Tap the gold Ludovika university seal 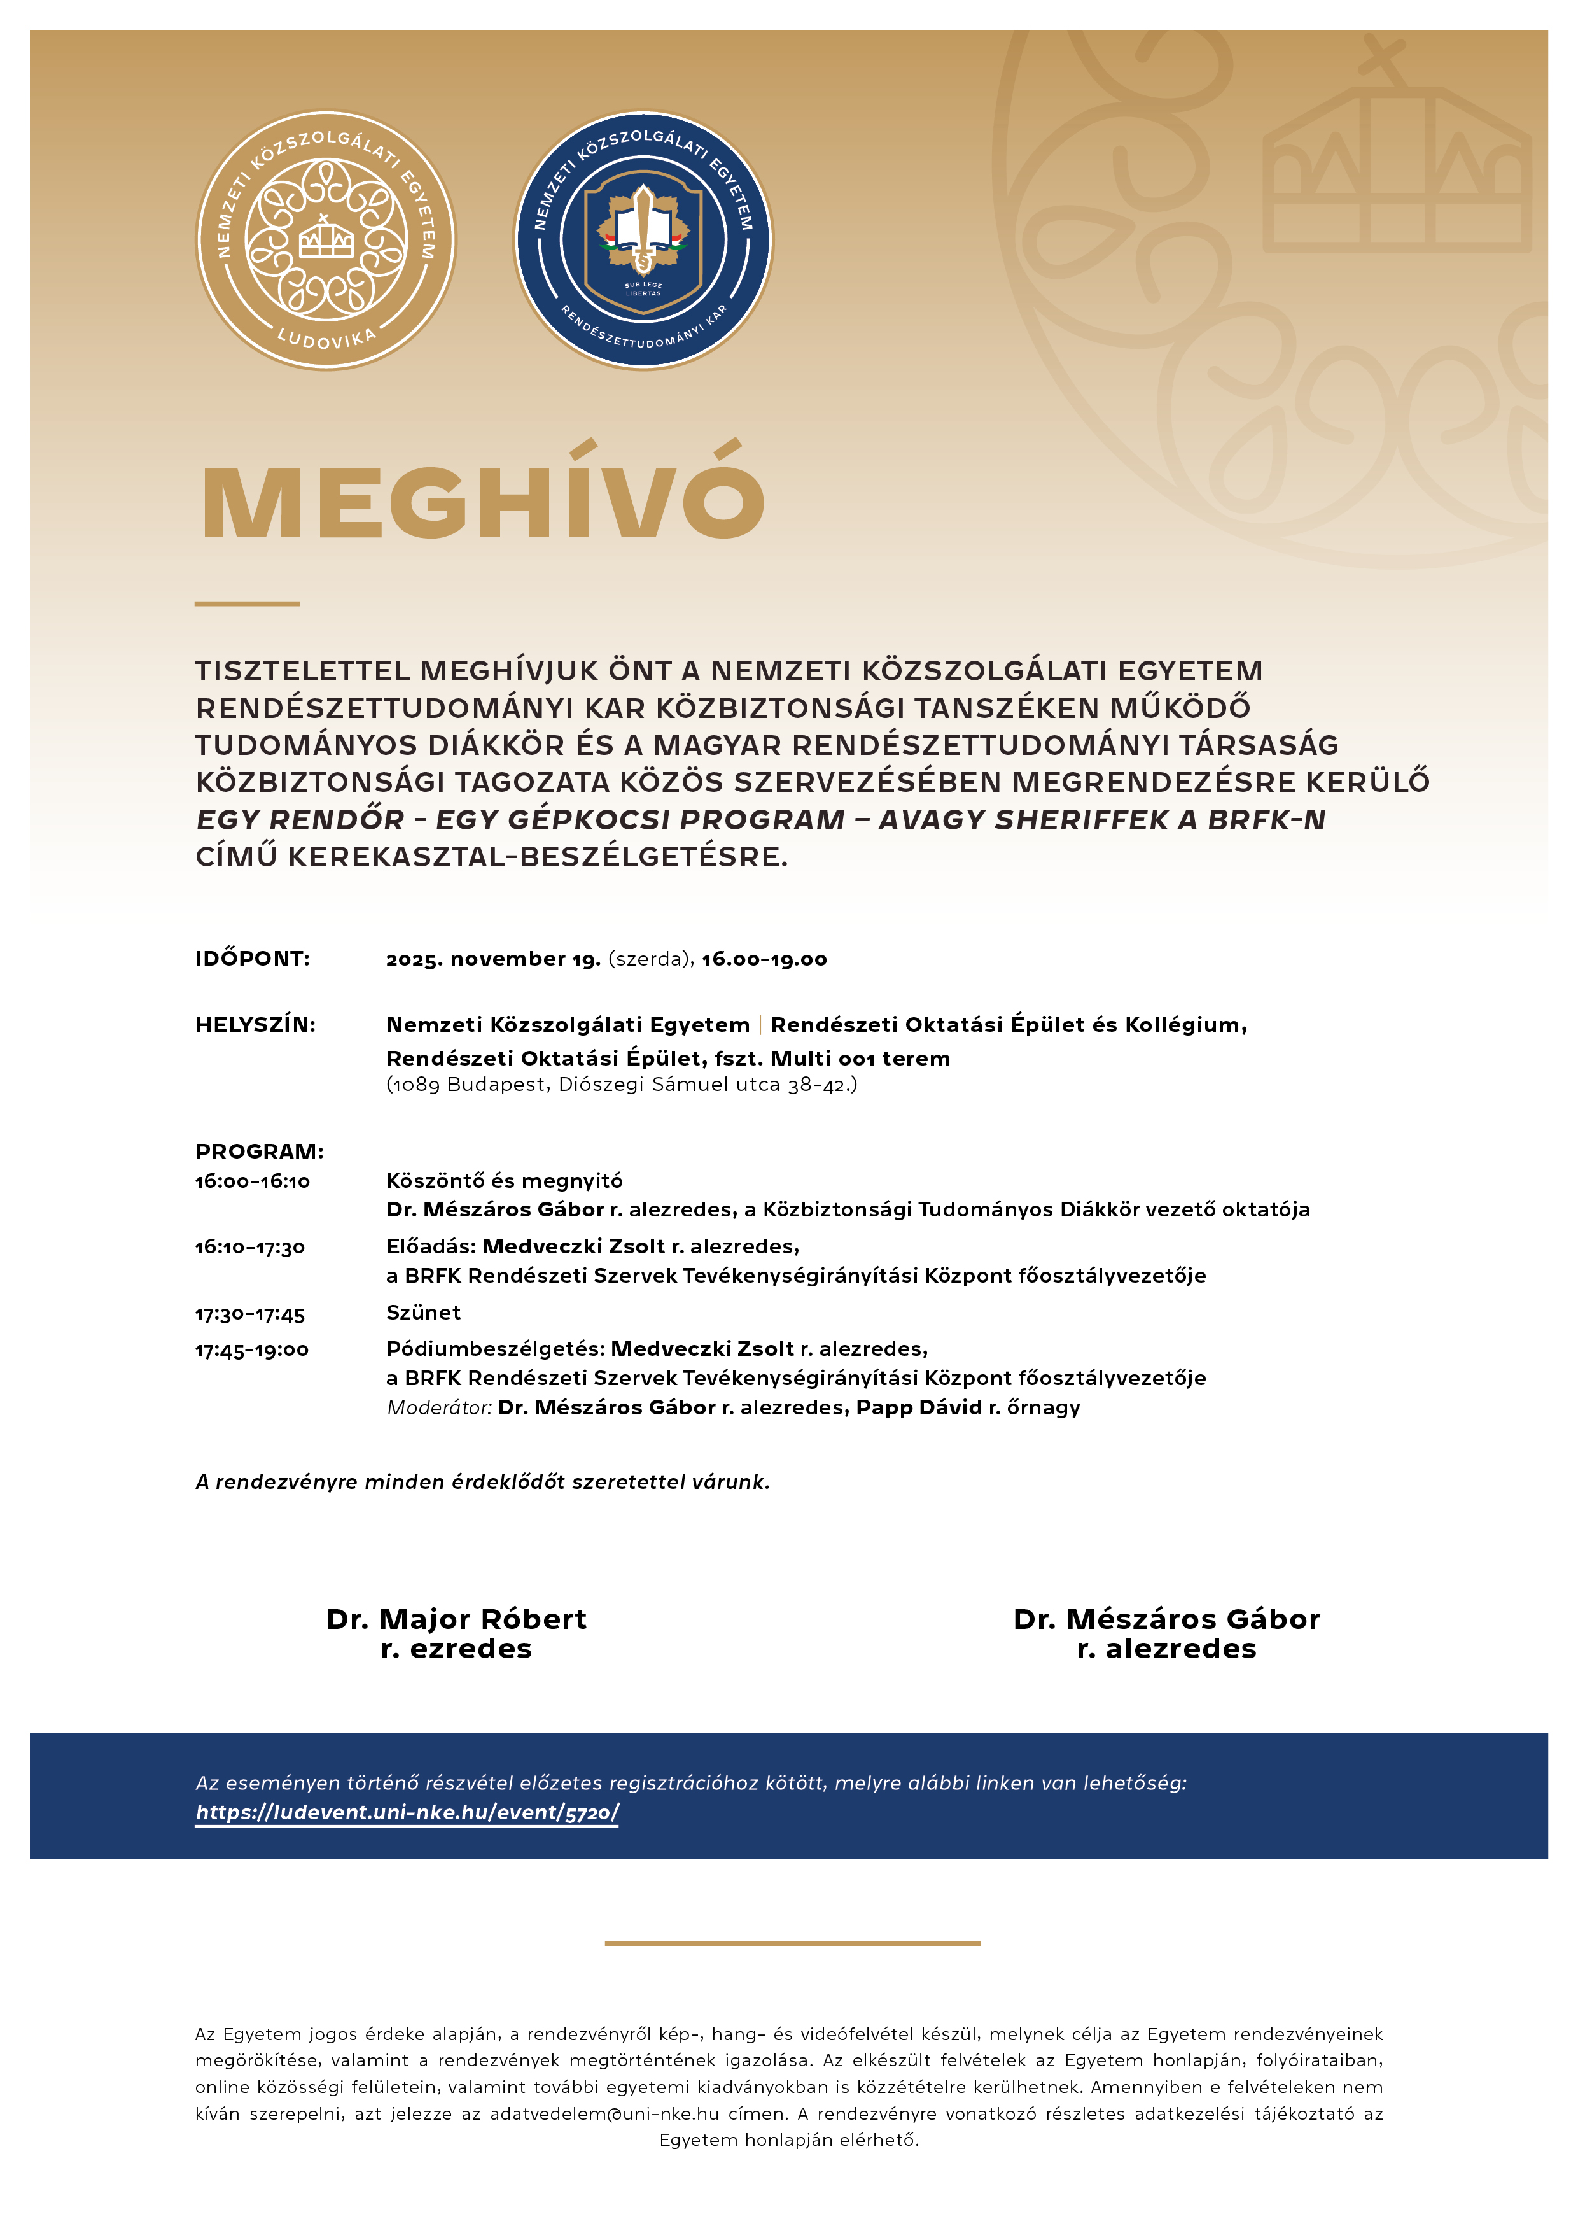point(326,240)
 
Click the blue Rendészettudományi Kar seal point(643,240)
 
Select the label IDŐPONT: point(253,959)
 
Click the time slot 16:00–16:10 point(253,1181)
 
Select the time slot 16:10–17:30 point(250,1248)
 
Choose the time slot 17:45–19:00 point(252,1350)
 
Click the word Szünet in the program point(423,1313)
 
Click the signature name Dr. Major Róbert point(456,1619)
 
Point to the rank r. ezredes point(456,1649)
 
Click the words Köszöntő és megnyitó point(505,1181)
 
